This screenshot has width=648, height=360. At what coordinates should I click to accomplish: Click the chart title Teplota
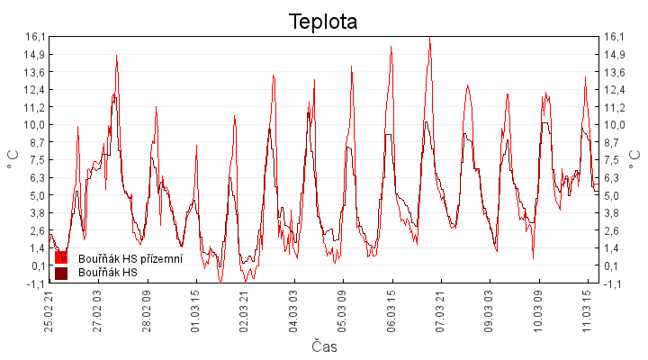323,22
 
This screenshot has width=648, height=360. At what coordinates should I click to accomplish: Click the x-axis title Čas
324,346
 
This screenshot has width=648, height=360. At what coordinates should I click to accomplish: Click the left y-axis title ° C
13,159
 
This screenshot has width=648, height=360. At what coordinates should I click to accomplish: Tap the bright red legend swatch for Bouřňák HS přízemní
61,258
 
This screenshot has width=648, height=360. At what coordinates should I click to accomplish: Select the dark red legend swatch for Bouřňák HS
61,273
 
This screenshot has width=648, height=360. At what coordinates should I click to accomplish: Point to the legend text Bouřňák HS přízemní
130,258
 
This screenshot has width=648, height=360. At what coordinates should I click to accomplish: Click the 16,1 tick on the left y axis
35,37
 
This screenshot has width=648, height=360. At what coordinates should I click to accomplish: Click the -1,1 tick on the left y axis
35,283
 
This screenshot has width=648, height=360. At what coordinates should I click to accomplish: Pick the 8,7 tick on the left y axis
35,142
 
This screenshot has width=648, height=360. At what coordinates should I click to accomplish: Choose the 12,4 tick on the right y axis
613,89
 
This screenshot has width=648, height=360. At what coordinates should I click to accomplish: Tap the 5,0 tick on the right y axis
613,195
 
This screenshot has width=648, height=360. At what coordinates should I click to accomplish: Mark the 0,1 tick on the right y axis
613,265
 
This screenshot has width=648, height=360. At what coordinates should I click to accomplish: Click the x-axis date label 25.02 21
49,309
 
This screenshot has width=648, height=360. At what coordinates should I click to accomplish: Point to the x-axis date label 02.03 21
244,309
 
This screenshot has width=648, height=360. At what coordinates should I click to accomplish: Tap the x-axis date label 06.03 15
391,309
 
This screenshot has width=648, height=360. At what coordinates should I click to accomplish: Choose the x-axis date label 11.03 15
587,309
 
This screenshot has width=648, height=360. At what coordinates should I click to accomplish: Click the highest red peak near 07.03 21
430,38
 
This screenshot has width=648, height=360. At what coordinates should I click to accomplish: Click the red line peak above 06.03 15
391,46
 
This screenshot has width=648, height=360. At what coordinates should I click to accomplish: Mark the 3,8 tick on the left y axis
35,212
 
